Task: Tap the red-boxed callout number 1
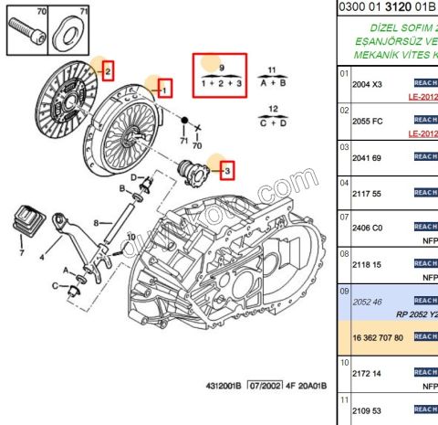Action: click(164, 90)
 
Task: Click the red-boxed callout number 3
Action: click(227, 169)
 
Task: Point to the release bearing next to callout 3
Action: click(193, 170)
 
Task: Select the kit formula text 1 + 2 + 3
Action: click(223, 82)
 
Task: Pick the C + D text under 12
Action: click(272, 122)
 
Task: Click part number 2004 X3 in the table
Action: click(368, 84)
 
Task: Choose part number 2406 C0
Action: click(368, 228)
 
